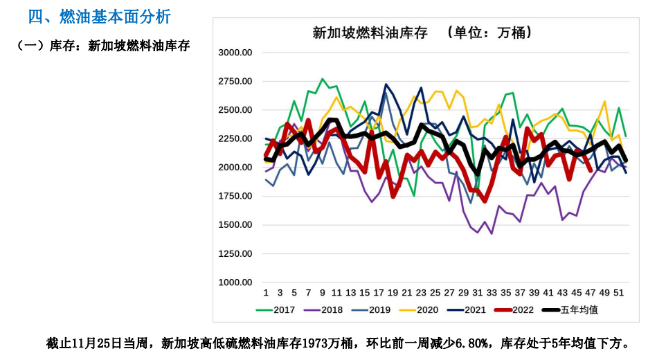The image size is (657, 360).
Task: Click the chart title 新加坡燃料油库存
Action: pos(370,33)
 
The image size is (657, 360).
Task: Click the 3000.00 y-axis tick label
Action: pos(235,52)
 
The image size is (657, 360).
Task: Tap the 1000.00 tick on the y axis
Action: pos(235,282)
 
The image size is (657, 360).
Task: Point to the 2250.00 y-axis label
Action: pos(235,138)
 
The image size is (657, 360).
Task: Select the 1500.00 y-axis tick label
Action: pos(235,225)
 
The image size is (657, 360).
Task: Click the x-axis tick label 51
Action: pos(619,293)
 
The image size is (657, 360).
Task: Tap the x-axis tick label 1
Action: pos(266,293)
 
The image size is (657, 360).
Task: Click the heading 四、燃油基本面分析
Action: pos(99,16)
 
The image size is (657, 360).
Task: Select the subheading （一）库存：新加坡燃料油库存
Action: pos(103,46)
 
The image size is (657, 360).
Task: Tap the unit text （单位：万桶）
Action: pos(490,33)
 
